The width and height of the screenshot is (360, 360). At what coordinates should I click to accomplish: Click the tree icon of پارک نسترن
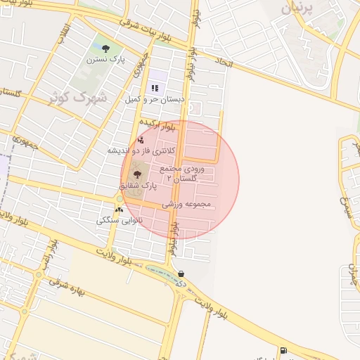[105, 49]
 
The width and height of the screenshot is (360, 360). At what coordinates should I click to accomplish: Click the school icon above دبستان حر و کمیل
[155, 88]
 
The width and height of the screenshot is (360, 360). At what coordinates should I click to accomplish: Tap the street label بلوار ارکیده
[156, 128]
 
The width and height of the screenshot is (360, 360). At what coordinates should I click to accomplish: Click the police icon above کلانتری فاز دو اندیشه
[141, 140]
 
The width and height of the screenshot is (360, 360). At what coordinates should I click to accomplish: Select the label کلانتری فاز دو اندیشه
[140, 150]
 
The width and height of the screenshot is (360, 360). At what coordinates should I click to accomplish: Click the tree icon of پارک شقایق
[136, 174]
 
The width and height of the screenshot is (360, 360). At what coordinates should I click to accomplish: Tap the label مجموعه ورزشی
[187, 205]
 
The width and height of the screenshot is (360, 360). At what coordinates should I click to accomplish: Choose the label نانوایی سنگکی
[120, 220]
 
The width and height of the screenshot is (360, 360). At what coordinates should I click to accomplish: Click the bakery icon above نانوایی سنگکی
[119, 210]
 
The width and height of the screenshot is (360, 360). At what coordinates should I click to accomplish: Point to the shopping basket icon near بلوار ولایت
[181, 274]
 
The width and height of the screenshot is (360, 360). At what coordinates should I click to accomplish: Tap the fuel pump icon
[283, 350]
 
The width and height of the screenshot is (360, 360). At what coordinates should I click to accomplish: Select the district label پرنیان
[295, 8]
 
